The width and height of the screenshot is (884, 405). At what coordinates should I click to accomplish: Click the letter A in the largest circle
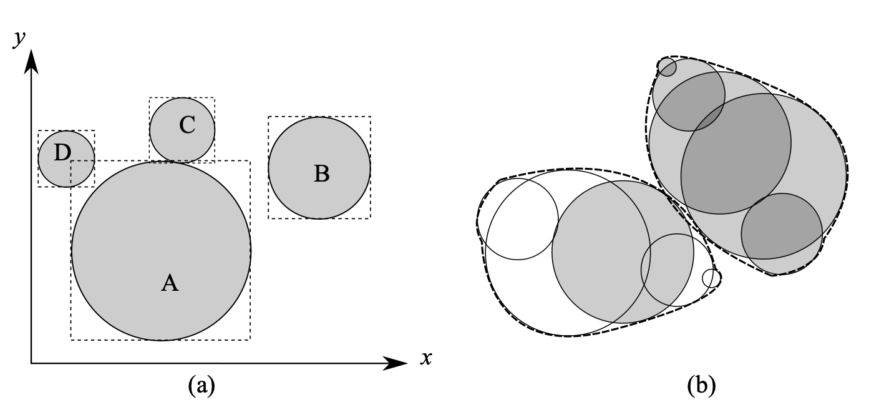click(170, 283)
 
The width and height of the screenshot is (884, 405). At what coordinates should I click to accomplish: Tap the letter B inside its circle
click(321, 173)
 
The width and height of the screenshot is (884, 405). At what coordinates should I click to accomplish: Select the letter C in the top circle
click(187, 125)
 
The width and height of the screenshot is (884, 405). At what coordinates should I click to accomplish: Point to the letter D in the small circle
click(62, 153)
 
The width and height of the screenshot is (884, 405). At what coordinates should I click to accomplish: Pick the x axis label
click(426, 358)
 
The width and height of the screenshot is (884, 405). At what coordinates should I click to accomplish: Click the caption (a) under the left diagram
click(202, 386)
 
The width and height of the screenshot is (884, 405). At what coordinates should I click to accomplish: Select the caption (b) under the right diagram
click(701, 386)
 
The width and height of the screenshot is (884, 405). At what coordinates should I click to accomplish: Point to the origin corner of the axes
click(31, 363)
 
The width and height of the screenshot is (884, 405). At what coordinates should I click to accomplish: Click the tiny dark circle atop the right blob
click(668, 67)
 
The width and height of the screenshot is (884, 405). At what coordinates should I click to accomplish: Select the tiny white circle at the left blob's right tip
click(711, 278)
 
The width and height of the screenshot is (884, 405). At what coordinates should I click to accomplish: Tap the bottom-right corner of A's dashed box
click(250, 339)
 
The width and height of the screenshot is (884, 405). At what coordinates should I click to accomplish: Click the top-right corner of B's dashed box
click(371, 117)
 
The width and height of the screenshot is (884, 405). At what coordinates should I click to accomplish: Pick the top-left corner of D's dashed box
click(38, 130)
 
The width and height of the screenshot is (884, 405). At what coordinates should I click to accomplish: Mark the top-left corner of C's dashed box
click(150, 98)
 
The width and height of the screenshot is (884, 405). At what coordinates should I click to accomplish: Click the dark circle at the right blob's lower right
click(782, 226)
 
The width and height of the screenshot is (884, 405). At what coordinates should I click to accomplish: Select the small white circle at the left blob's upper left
click(518, 219)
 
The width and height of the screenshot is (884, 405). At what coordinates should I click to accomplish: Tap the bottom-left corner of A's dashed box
click(71, 339)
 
